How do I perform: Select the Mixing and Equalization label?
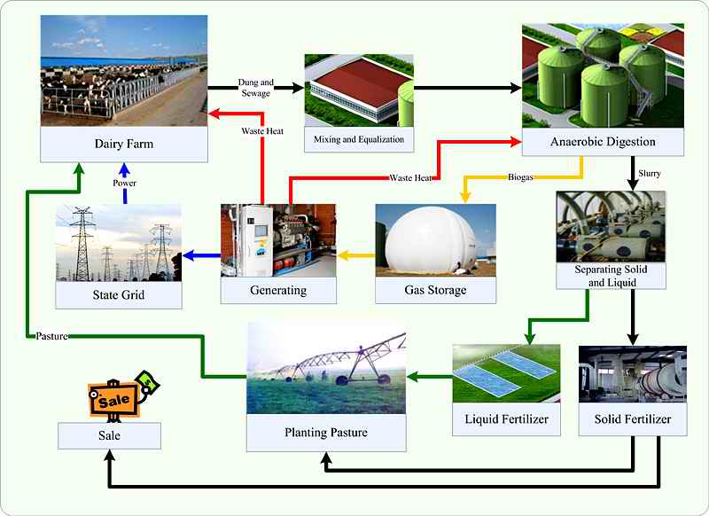(x=359, y=139)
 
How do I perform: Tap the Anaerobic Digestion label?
(x=602, y=142)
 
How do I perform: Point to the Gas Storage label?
(x=434, y=290)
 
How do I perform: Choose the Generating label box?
(x=278, y=290)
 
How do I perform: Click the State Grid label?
(x=119, y=295)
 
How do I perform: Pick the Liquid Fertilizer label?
(x=507, y=418)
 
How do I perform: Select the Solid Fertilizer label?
(x=632, y=418)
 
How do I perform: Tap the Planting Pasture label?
(x=325, y=433)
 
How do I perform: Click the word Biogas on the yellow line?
(x=522, y=177)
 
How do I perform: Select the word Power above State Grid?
(x=125, y=183)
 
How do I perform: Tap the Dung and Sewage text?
(x=255, y=88)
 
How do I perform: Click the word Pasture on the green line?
(x=54, y=336)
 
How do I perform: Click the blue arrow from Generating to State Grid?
(x=201, y=257)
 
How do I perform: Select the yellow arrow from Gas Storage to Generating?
(x=356, y=257)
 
